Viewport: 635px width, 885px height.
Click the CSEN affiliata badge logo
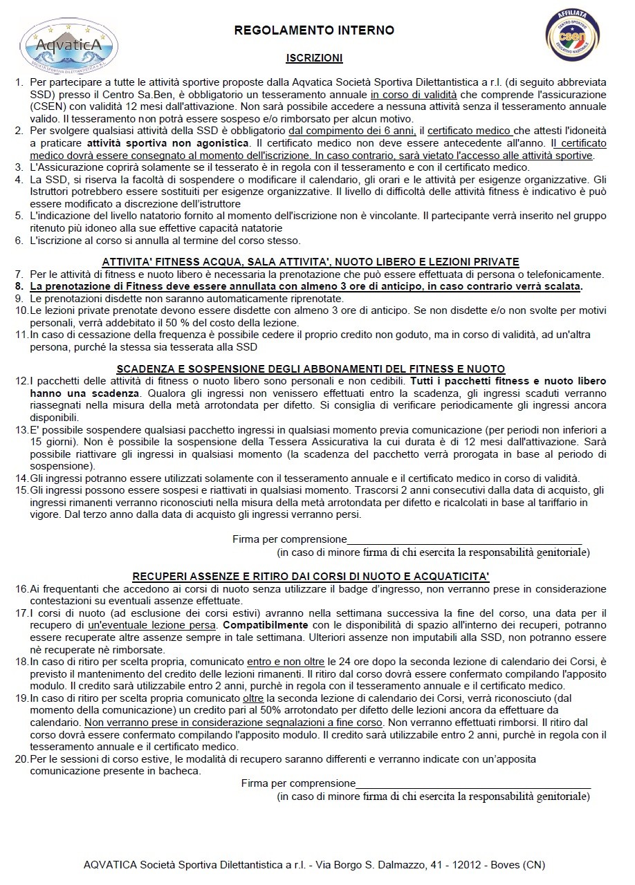[572, 35]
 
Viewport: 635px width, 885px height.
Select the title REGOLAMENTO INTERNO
[314, 30]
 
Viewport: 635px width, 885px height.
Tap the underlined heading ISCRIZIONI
[314, 59]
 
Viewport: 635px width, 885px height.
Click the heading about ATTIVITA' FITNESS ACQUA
[311, 261]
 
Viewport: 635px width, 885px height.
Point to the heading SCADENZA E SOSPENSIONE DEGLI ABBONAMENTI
[311, 369]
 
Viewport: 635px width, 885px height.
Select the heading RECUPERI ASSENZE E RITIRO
[311, 576]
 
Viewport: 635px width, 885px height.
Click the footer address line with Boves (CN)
[314, 864]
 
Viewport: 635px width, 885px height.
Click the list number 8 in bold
[19, 286]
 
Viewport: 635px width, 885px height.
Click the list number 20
[21, 758]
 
